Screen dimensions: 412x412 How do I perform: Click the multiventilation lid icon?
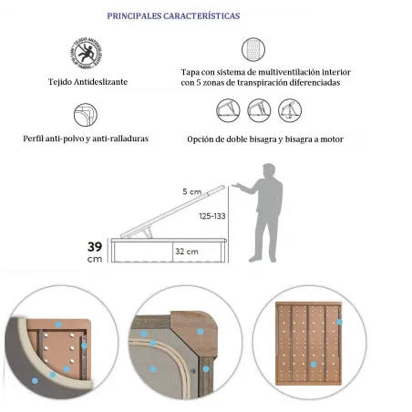tap(252, 49)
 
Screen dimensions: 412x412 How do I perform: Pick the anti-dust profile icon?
tap(85, 113)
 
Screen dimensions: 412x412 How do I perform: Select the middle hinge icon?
tap(258, 111)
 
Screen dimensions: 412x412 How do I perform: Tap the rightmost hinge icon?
tap(289, 111)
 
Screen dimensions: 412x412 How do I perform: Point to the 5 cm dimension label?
tap(191, 192)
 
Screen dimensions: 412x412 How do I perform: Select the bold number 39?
tap(95, 246)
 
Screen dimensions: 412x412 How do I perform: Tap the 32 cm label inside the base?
tap(187, 251)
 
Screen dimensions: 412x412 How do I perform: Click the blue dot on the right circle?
tap(339, 322)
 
